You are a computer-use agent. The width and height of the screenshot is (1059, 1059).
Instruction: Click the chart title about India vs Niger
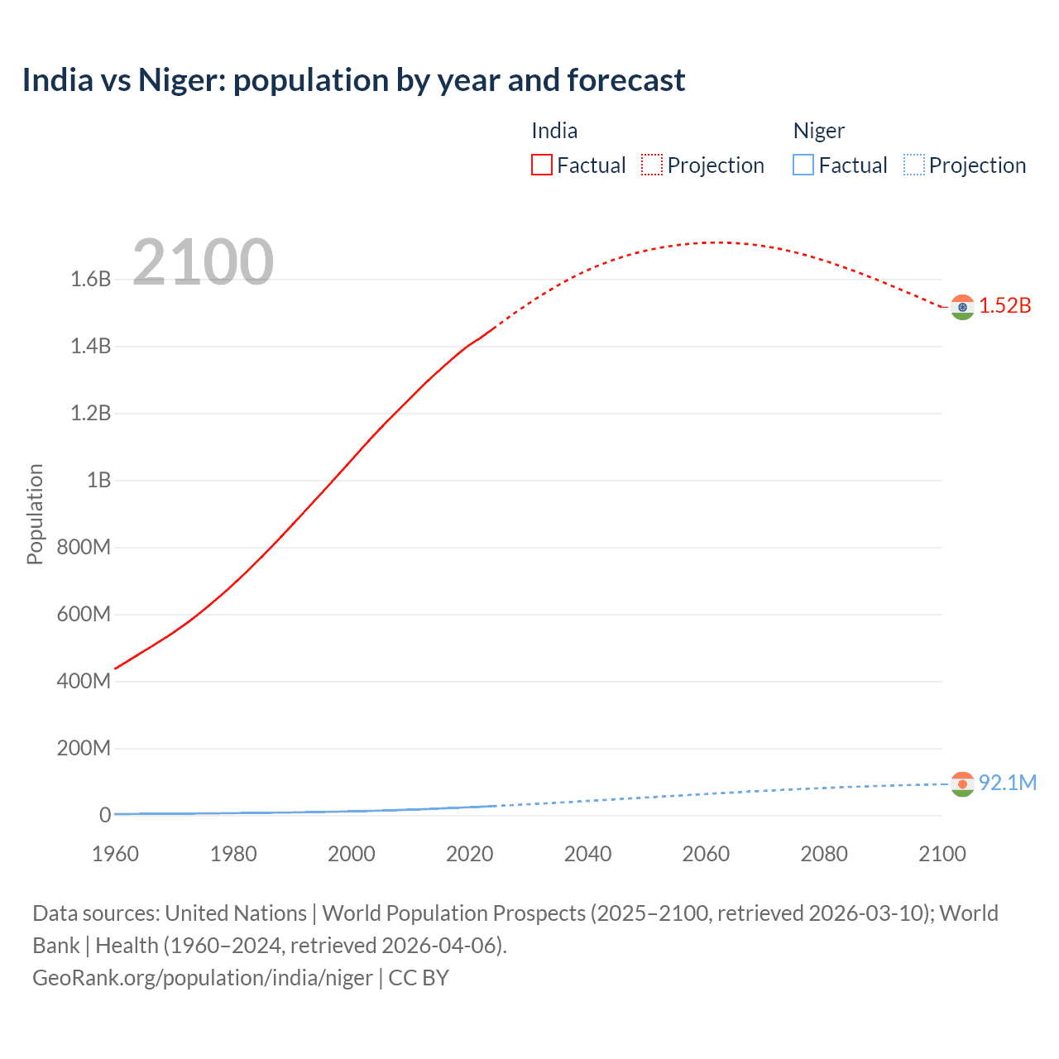point(353,80)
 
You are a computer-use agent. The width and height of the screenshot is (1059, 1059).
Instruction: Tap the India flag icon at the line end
point(962,307)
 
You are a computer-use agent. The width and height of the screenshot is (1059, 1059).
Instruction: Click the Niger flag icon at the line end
point(962,783)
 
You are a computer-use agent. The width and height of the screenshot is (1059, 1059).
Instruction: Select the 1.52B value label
point(1005,306)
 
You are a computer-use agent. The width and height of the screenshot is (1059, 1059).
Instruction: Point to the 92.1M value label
point(1007,783)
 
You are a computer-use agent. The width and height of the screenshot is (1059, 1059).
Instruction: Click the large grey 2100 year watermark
point(203,262)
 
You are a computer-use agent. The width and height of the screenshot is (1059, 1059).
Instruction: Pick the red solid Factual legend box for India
point(541,165)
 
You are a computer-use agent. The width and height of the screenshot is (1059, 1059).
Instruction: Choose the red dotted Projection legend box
point(652,165)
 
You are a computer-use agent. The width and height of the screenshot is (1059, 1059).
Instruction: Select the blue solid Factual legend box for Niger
point(803,165)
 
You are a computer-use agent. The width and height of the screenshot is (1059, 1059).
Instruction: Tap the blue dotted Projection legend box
point(913,165)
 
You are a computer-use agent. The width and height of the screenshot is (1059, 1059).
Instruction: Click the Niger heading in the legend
point(818,131)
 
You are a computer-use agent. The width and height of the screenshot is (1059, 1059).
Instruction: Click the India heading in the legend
point(553,131)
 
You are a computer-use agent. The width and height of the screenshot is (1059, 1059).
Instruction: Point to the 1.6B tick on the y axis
point(90,280)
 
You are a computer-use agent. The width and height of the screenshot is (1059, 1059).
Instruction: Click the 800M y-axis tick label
point(84,548)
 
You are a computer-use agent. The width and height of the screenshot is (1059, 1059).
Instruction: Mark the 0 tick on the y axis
point(104,815)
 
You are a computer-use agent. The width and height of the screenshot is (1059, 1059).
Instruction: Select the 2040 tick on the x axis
point(587,854)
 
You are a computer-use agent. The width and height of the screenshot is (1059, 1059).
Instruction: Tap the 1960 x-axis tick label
point(115,854)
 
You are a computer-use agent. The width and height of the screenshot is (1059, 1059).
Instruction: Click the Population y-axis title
point(35,514)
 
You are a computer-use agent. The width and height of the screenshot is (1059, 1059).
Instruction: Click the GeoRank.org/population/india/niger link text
point(203,978)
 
